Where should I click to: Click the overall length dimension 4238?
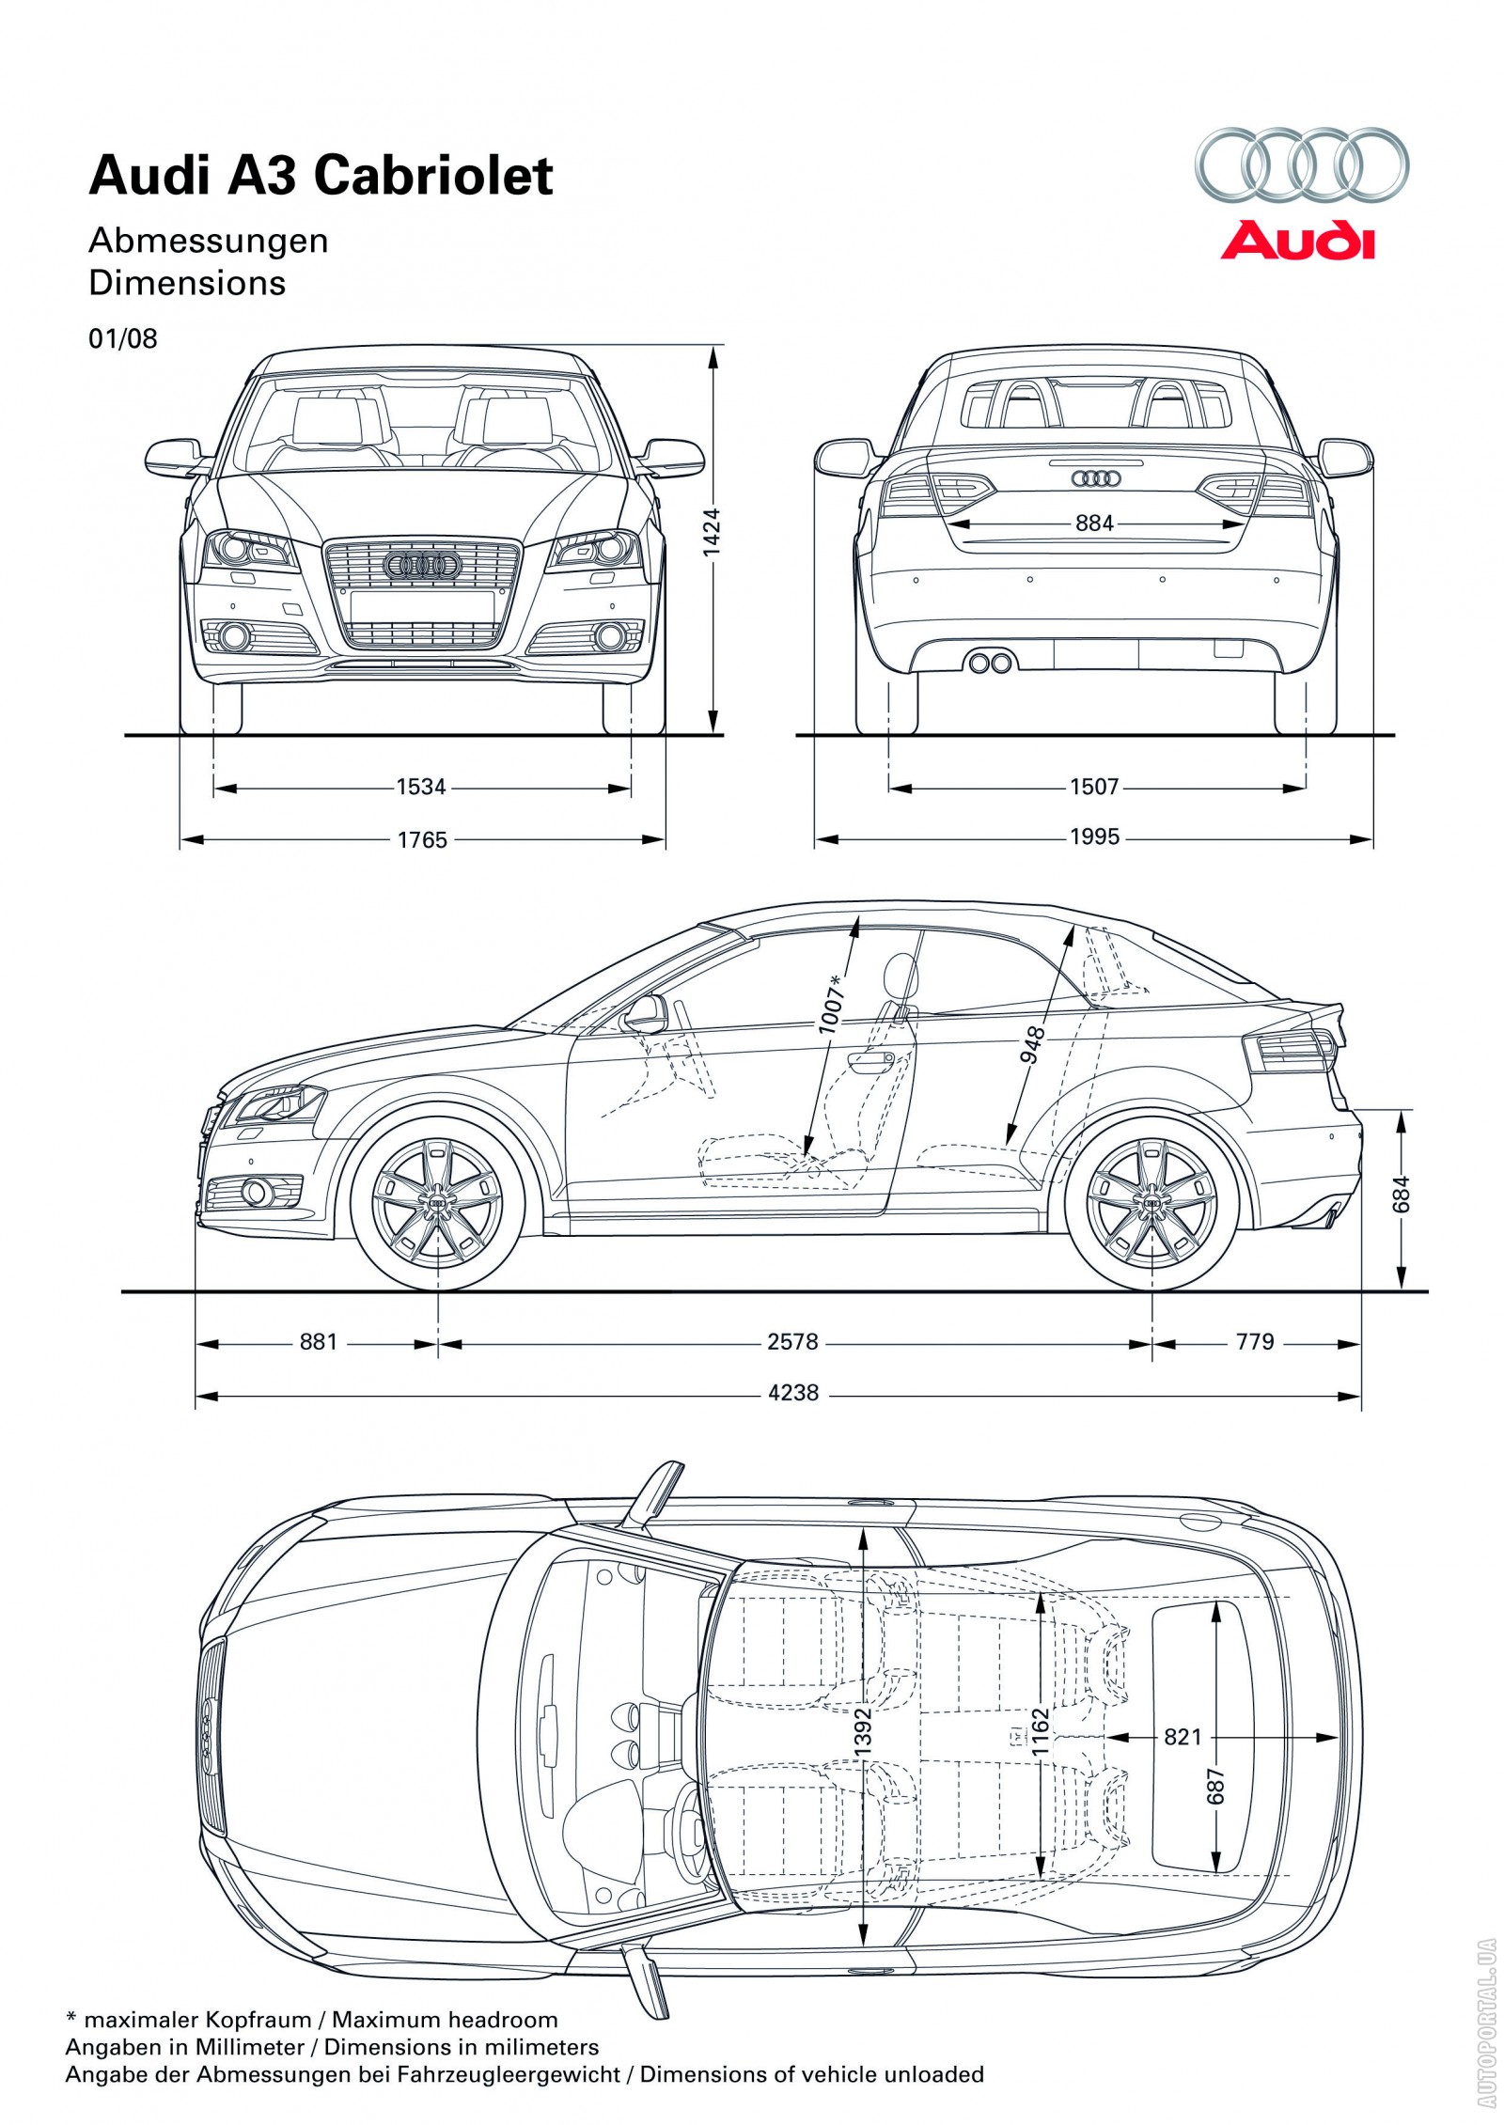(793, 1393)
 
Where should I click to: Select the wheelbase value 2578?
(792, 1341)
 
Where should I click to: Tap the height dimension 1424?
(712, 532)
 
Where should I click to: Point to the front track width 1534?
(420, 787)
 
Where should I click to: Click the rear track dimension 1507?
(1094, 787)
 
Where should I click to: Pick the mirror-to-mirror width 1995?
(1094, 836)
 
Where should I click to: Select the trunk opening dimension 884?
(1094, 523)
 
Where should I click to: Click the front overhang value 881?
(318, 1341)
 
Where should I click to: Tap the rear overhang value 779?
(1255, 1341)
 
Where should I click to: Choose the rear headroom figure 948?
(1032, 1045)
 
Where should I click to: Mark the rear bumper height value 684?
(1402, 1195)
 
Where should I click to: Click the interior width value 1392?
(863, 1730)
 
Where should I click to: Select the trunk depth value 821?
(1182, 1737)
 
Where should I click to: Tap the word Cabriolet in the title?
(433, 176)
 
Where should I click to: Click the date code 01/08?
(123, 338)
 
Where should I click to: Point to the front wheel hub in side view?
(437, 1204)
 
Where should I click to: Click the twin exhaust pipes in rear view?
(990, 664)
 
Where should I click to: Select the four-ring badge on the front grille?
(421, 565)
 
